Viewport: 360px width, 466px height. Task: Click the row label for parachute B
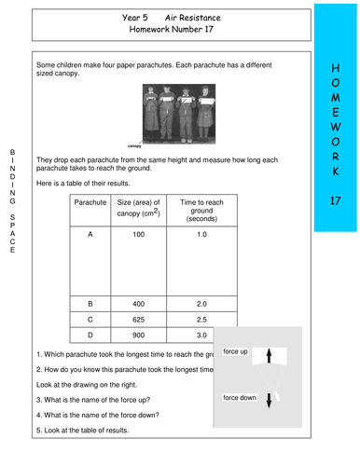tap(90, 304)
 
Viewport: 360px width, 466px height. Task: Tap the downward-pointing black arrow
tap(269, 400)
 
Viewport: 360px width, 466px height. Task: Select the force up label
tap(236, 352)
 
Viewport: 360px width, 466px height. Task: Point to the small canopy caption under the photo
tap(136, 146)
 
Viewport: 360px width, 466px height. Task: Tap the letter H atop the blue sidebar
tap(336, 68)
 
